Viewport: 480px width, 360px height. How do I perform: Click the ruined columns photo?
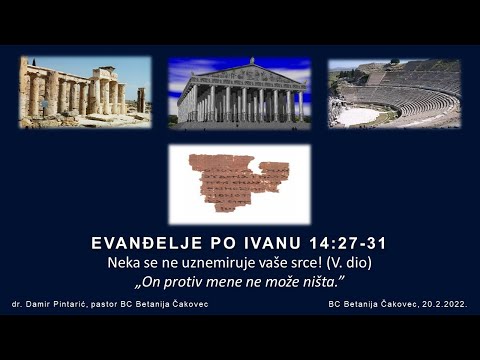tap(84, 92)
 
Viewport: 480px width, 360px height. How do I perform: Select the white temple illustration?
tap(240, 94)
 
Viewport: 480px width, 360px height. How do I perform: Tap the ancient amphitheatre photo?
tap(394, 93)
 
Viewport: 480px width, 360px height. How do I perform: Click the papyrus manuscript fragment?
tap(239, 182)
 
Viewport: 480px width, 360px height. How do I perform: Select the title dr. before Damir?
tap(17, 303)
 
